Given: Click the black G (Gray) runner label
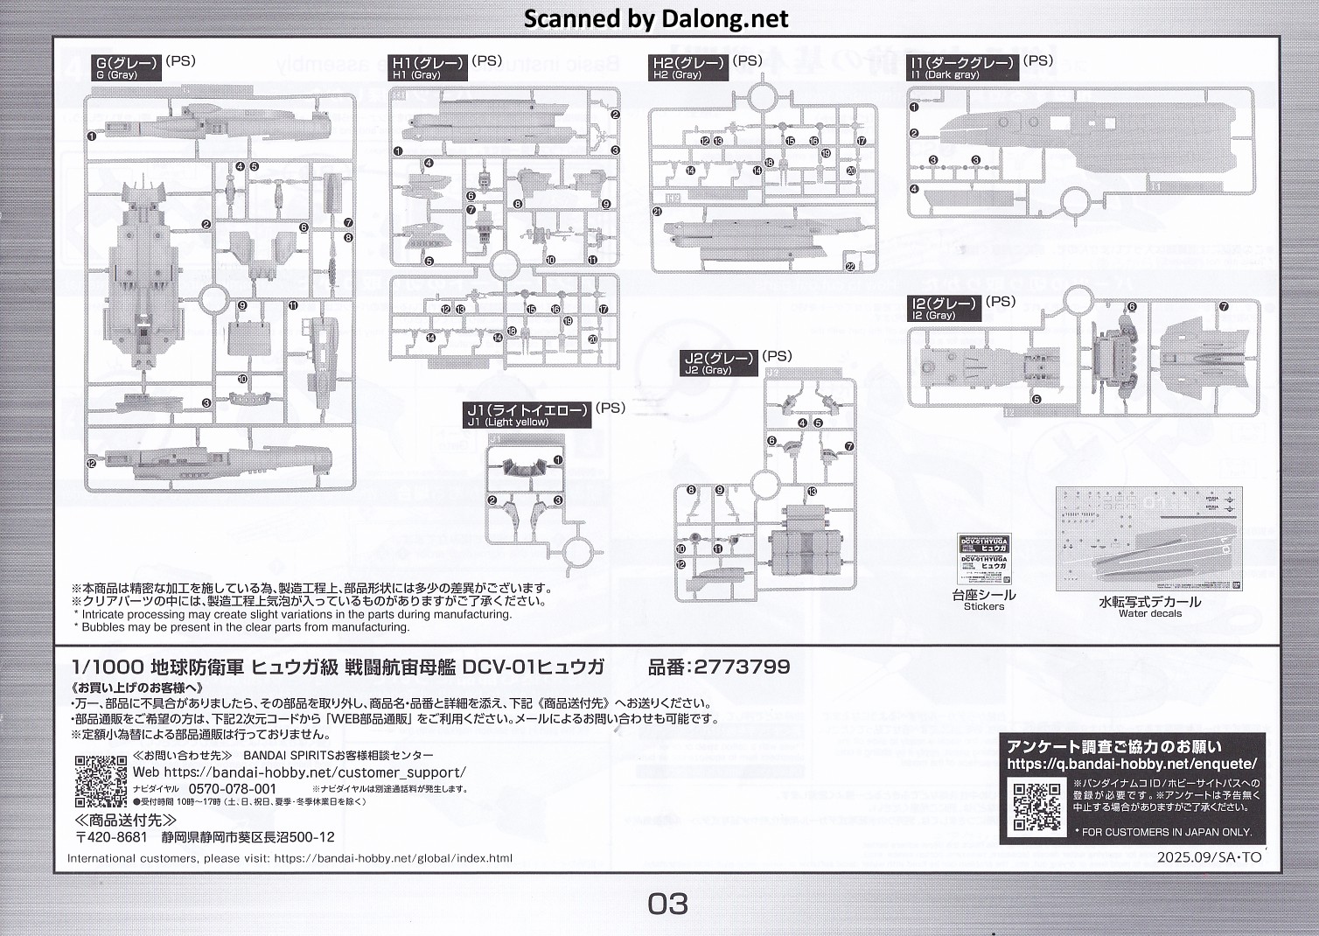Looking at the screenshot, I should point(129,67).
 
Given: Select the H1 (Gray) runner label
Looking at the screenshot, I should point(429,67).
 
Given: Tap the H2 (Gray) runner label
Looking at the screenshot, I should point(689,67).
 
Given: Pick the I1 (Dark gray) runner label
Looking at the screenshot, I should point(962,67).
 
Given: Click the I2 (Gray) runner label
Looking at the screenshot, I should point(943,309).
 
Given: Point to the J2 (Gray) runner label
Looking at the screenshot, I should point(719,363).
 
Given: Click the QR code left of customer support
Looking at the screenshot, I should point(101,780).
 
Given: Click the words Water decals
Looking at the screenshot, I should point(1150,613).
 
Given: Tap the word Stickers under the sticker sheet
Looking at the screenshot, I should point(983,606).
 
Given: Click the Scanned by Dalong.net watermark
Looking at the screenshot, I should point(656,18).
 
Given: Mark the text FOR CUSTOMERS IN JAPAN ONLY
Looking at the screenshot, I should point(1167,832).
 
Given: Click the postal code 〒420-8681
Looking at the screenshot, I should point(111,837).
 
